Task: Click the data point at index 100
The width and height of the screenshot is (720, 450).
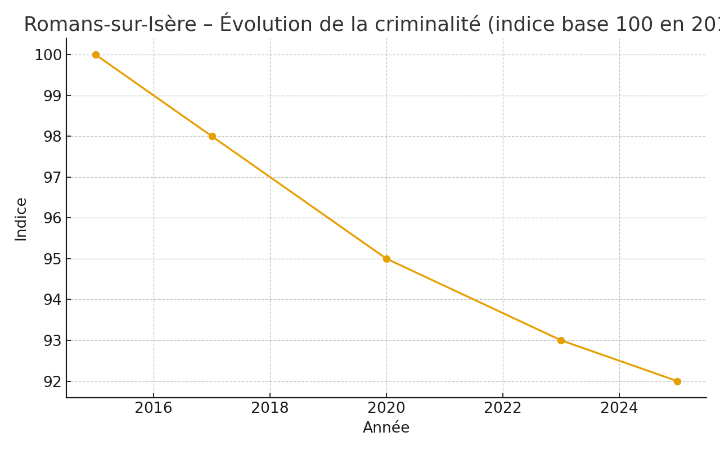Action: pyautogui.click(x=96, y=55)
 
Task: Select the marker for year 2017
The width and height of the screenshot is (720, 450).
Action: pyautogui.click(x=212, y=136)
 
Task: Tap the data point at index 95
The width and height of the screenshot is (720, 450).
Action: pyautogui.click(x=386, y=259)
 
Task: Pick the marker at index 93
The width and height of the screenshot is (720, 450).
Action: pyautogui.click(x=561, y=340)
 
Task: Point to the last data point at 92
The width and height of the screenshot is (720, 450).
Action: pyautogui.click(x=677, y=381)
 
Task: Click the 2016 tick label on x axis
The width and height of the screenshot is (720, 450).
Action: pyautogui.click(x=154, y=408)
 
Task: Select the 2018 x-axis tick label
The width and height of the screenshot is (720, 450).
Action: pyautogui.click(x=270, y=408)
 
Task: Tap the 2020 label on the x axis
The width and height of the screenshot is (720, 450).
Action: pyautogui.click(x=386, y=408)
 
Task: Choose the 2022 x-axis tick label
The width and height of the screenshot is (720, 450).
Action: pyautogui.click(x=503, y=408)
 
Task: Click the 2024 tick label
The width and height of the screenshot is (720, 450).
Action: pyautogui.click(x=619, y=408)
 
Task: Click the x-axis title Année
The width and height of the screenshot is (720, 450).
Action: pyautogui.click(x=386, y=428)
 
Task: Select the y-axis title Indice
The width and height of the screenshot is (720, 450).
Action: pyautogui.click(x=21, y=219)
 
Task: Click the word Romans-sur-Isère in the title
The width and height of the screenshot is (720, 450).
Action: pyautogui.click(x=110, y=25)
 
